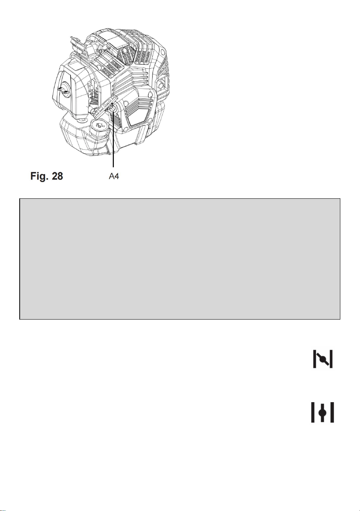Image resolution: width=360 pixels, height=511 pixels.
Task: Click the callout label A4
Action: point(114,176)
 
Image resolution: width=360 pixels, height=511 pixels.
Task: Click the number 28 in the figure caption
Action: point(57,176)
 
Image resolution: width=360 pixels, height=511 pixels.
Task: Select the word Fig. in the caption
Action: point(39,176)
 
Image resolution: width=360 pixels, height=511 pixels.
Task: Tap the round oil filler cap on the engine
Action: point(100,126)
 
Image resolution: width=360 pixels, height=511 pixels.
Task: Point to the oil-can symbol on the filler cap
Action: point(100,125)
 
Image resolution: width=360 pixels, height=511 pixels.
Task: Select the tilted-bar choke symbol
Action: point(323,359)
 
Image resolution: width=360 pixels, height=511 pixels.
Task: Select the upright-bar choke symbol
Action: point(322,412)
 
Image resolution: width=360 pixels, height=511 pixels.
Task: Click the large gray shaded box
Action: point(180,259)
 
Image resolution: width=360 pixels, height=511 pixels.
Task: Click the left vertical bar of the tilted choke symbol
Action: point(314,359)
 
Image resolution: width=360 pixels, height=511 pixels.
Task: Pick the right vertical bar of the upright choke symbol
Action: point(332,412)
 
